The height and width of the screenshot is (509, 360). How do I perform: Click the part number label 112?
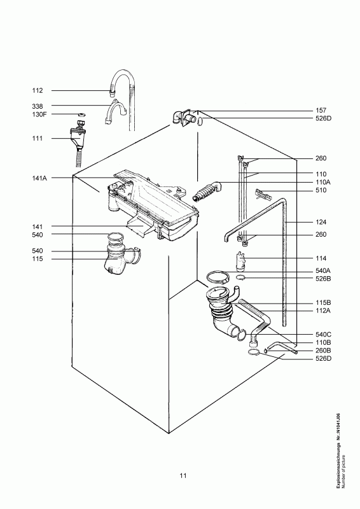(x=38, y=90)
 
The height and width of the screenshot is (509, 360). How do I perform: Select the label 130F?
(x=39, y=115)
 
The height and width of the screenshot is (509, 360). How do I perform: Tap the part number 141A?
(x=39, y=178)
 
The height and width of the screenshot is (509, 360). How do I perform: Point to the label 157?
(x=321, y=110)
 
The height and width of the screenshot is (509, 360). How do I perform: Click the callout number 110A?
(x=322, y=182)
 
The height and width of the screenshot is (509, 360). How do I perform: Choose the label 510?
(x=321, y=190)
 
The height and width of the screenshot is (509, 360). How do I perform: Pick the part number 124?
(x=321, y=222)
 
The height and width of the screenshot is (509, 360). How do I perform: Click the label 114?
(x=321, y=258)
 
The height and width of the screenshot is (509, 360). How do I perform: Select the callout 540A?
(x=323, y=271)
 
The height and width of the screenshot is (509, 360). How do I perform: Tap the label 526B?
(x=323, y=279)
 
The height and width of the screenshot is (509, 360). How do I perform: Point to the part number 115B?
(x=323, y=303)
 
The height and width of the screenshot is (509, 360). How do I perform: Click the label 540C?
(x=323, y=335)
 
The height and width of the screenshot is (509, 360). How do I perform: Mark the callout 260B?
(x=323, y=351)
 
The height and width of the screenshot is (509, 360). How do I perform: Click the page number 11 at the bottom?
(x=183, y=475)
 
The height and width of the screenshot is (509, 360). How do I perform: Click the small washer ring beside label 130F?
(x=81, y=115)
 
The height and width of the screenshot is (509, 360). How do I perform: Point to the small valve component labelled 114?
(x=240, y=261)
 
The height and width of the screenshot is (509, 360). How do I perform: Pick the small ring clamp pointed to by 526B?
(x=240, y=277)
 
